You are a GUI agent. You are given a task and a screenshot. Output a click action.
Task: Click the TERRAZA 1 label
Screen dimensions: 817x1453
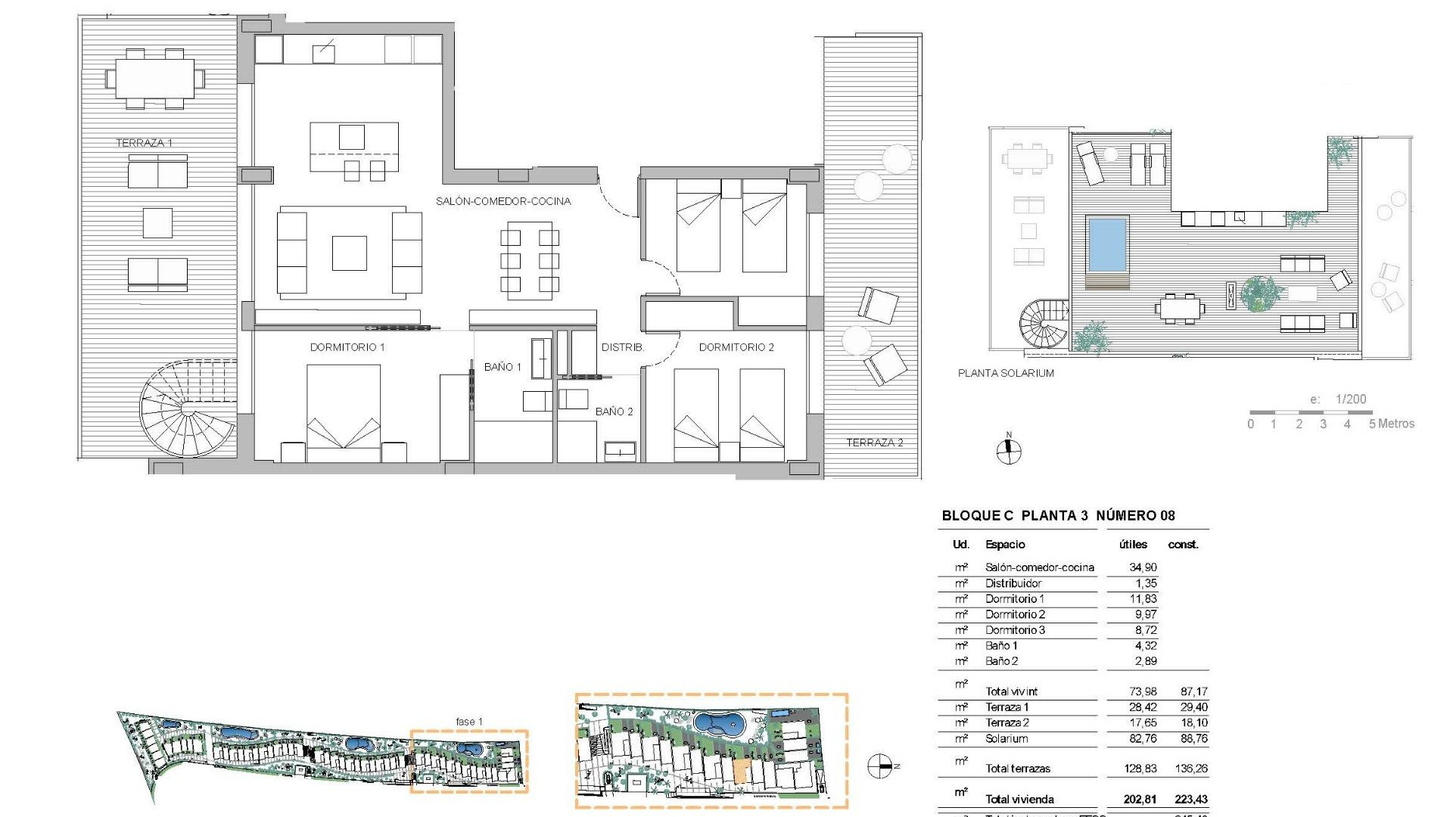[144, 143]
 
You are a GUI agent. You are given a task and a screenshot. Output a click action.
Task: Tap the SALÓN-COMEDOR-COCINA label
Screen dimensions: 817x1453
[503, 201]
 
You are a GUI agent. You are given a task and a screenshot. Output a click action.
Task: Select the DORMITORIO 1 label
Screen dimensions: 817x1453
[347, 347]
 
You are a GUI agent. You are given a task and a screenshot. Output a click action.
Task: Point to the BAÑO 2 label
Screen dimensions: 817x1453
[614, 412]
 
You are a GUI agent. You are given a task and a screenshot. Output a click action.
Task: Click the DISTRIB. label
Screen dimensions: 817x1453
[623, 347]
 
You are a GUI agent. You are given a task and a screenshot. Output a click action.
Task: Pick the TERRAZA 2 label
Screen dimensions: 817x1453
[874, 443]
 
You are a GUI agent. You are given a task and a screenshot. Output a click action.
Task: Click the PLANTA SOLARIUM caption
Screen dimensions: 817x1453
[1006, 373]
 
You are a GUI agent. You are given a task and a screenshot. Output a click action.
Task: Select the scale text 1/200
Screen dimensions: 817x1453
[1351, 399]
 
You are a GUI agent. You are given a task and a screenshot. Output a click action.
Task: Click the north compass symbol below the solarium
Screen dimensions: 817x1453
[1008, 452]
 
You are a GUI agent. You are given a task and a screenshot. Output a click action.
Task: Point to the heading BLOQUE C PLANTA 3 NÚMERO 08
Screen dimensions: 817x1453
[1058, 516]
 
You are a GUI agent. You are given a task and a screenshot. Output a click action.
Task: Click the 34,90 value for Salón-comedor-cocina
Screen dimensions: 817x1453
[1143, 567]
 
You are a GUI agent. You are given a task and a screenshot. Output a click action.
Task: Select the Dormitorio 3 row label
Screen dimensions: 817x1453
[1015, 630]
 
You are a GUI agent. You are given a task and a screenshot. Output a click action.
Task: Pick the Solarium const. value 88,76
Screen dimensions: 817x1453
[1193, 738]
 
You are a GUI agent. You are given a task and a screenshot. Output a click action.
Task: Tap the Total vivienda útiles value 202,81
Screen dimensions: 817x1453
[1140, 799]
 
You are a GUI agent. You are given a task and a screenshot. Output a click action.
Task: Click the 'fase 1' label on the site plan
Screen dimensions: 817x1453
[469, 722]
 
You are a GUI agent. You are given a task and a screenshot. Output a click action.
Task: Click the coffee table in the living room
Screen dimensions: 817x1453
[350, 253]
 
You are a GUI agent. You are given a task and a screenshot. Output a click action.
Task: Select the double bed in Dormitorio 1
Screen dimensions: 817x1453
[344, 412]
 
